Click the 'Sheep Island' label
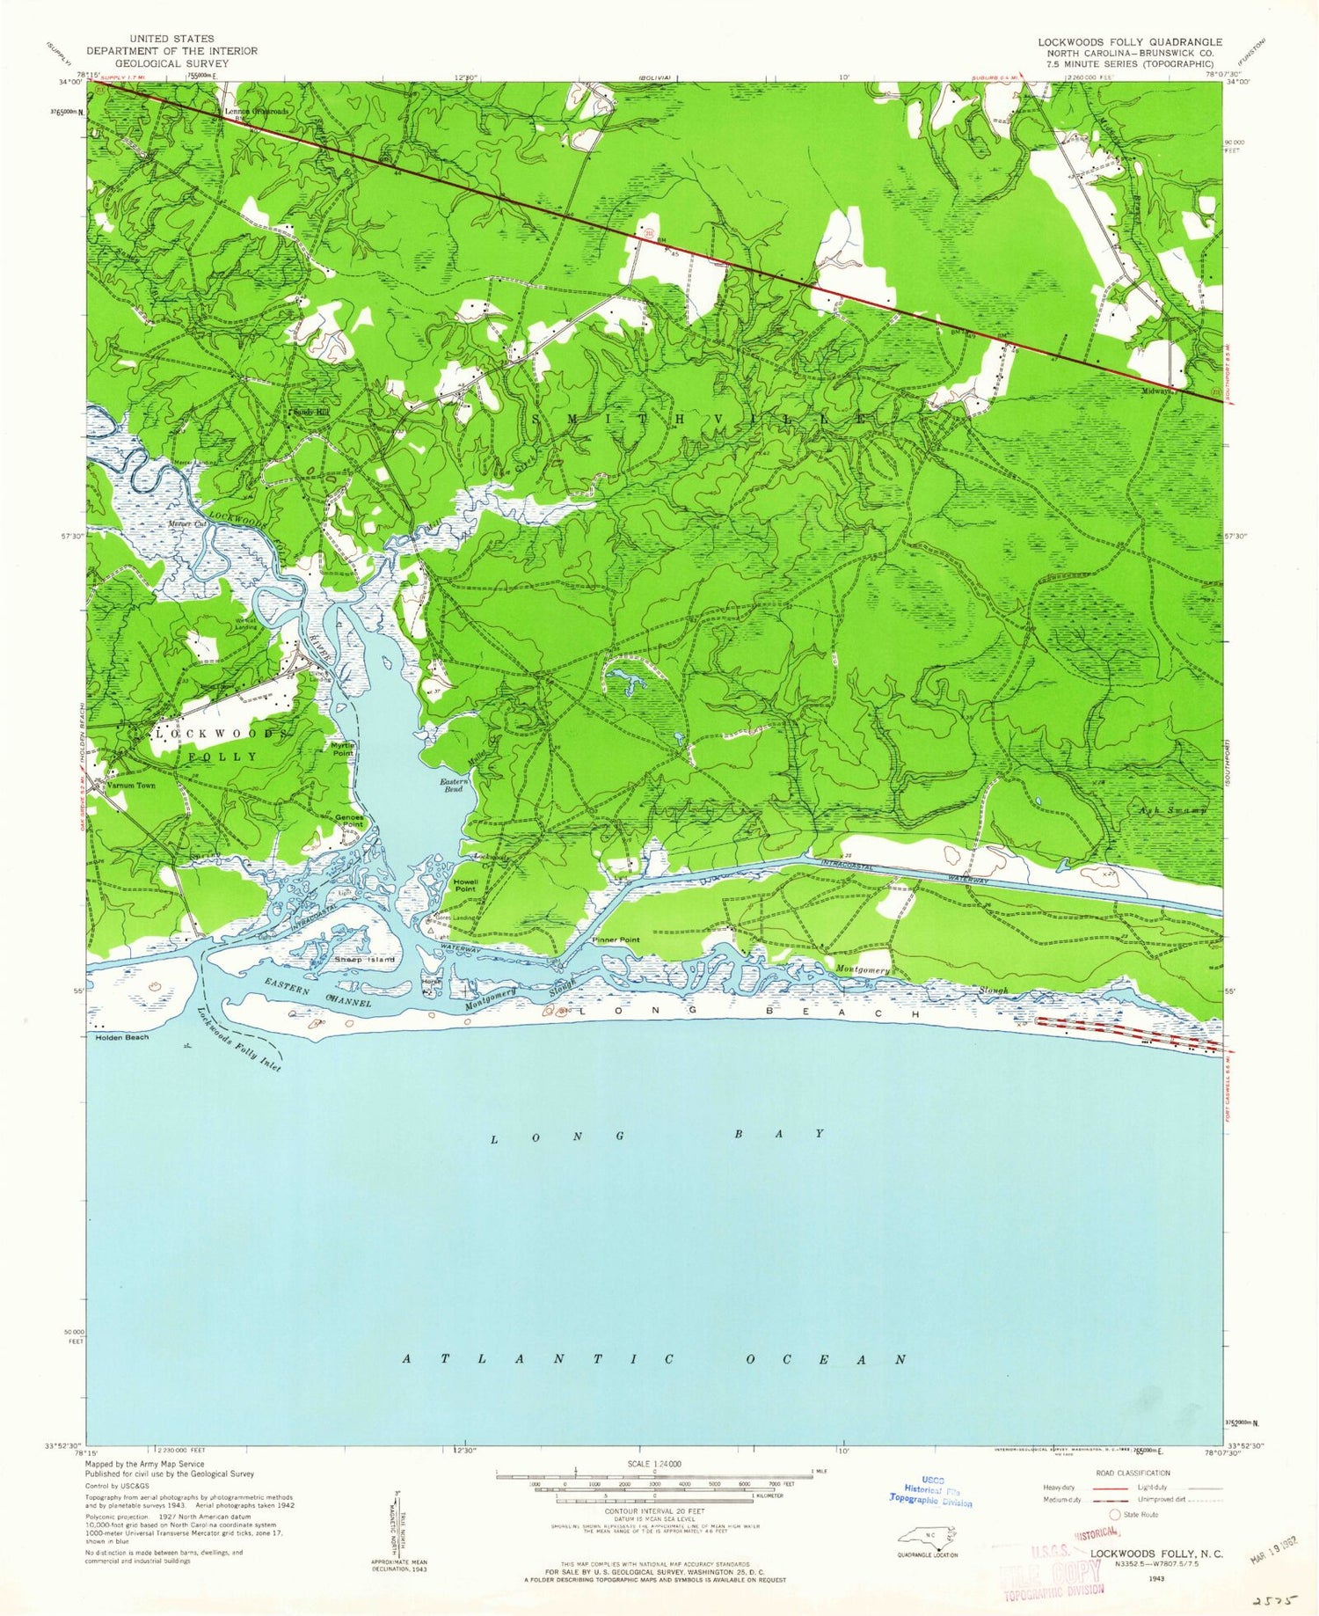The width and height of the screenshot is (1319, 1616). tap(364, 959)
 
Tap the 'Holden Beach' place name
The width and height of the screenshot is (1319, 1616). tap(121, 1037)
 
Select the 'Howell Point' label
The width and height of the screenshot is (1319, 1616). tap(465, 885)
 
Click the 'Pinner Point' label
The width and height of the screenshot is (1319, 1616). tap(616, 940)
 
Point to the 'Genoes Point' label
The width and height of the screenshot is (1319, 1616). tap(349, 821)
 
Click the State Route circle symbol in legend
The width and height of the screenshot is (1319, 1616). tap(1115, 1515)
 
